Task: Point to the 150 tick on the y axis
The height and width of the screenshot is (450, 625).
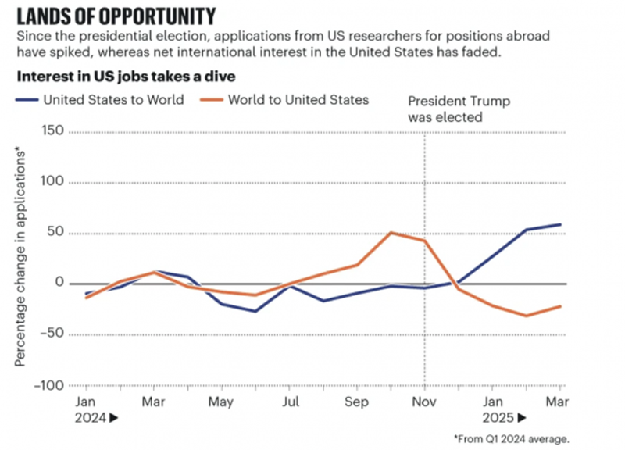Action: point(52,132)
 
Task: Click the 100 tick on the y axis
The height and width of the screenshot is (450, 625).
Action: point(52,183)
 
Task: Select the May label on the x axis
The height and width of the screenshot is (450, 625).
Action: point(221,402)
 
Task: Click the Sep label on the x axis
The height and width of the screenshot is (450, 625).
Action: point(356,402)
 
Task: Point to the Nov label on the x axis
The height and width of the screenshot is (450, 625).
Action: point(424,402)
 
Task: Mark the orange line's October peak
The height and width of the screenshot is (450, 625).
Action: point(391,232)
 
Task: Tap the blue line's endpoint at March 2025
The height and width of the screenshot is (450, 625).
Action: point(560,224)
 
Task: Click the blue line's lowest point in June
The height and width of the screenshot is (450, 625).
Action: point(255,311)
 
